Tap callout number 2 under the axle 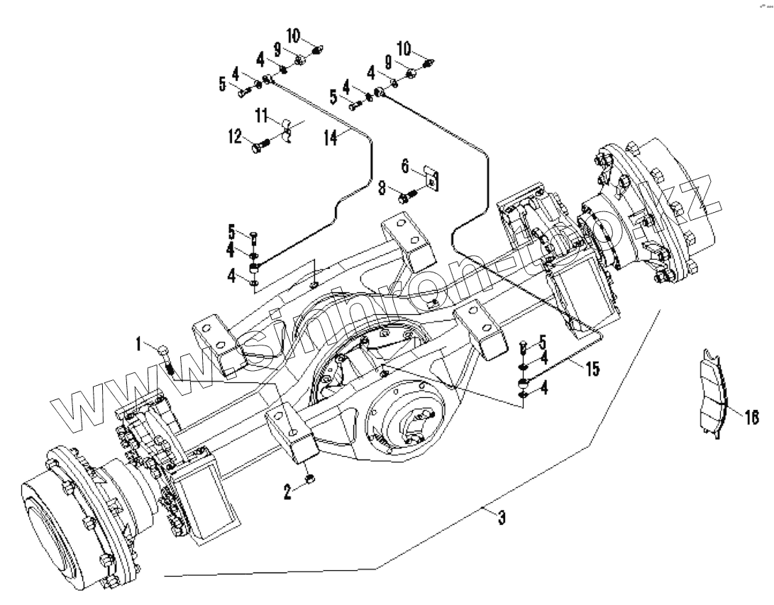(287, 492)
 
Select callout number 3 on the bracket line (501, 518)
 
